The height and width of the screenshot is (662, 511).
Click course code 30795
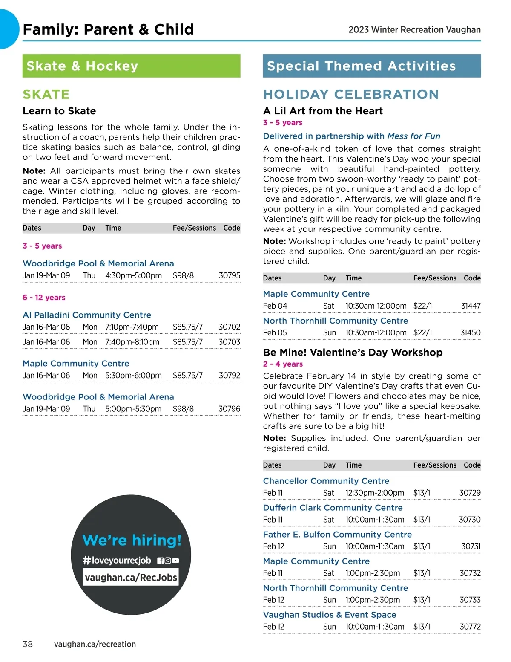(x=229, y=275)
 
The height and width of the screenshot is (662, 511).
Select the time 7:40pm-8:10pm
(x=132, y=342)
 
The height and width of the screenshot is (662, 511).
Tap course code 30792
(x=229, y=376)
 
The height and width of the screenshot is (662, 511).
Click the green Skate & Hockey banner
(x=131, y=66)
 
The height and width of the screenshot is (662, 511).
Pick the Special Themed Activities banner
(x=371, y=66)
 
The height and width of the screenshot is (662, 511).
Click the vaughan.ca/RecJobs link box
(x=131, y=578)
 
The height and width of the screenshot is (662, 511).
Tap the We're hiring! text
(x=132, y=540)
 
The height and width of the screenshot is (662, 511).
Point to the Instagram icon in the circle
(x=168, y=561)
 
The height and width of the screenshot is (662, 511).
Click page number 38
(x=28, y=644)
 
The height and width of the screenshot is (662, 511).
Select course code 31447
(x=471, y=306)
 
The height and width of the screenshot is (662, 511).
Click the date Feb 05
(x=275, y=332)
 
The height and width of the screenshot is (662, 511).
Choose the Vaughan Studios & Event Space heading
(x=329, y=615)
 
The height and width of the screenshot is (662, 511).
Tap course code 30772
(x=470, y=627)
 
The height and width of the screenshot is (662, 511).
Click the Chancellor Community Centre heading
(x=326, y=481)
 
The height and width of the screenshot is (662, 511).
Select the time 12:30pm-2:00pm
(x=374, y=493)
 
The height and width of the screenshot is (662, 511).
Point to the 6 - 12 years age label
(x=44, y=298)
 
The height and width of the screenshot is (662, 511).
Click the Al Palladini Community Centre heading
(x=87, y=315)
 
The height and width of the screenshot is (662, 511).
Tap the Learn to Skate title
(x=59, y=111)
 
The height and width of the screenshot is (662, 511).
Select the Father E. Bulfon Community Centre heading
(x=337, y=535)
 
